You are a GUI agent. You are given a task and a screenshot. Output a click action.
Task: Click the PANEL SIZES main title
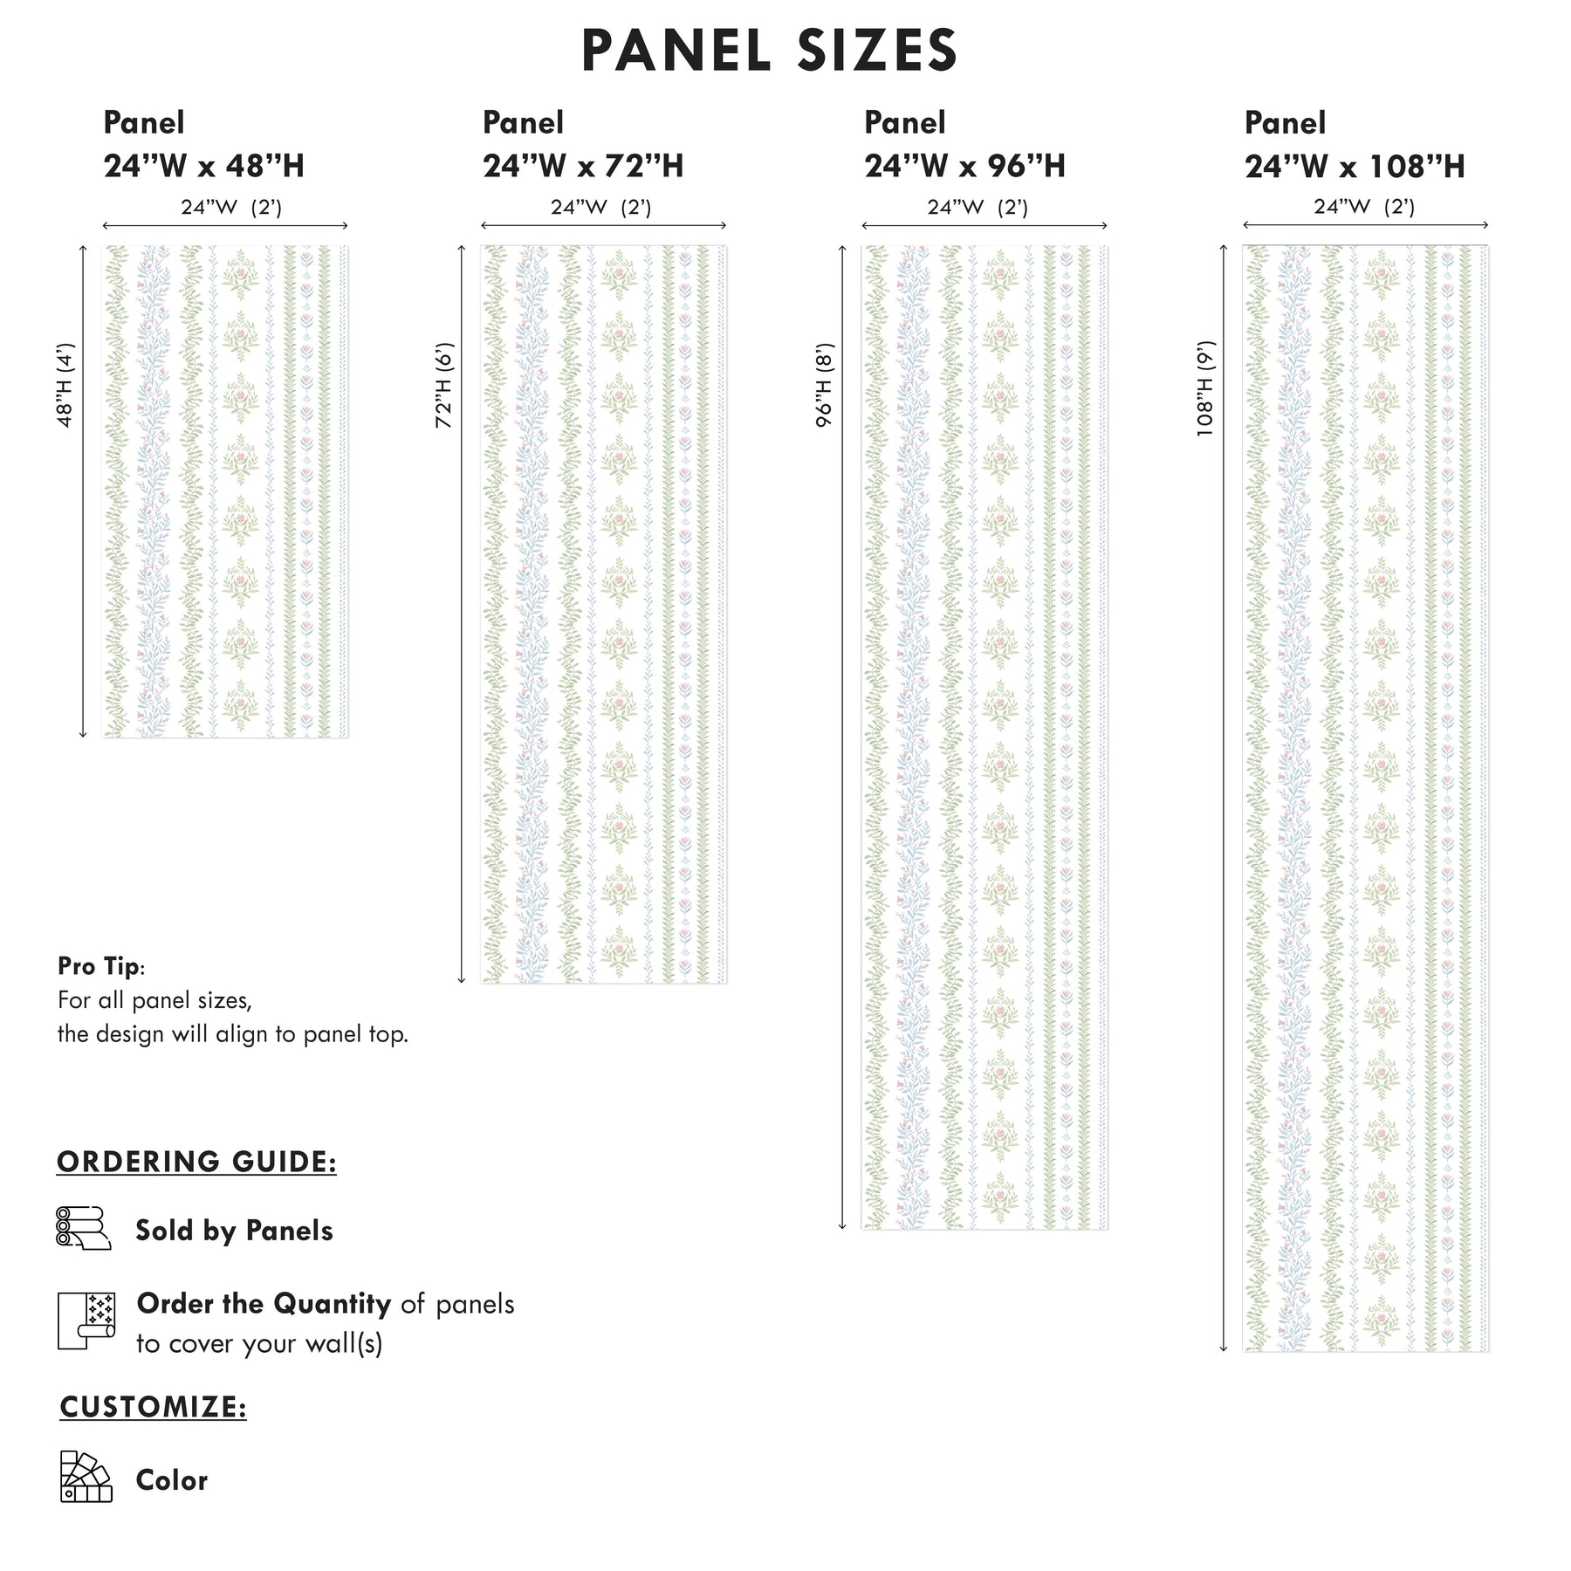769,51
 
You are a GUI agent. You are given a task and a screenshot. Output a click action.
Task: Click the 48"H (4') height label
65,385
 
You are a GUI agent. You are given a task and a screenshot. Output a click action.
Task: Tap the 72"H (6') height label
444,385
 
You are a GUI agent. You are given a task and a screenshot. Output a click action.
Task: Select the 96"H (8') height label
825,385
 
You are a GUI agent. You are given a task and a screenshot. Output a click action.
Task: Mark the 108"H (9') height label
1205,388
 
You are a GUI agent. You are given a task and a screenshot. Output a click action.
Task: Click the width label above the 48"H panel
231,208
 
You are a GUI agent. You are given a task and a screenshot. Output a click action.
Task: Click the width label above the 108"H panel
1364,207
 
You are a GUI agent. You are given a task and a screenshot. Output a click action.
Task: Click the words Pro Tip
99,966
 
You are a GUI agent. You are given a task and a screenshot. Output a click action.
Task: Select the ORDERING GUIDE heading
196,1162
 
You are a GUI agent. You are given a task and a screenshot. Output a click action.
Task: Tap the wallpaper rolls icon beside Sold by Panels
84,1228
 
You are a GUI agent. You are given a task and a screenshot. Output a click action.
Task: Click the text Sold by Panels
234,1231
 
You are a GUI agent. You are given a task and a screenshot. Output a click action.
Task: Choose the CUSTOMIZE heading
153,1407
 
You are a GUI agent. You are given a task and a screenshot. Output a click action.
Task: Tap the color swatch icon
86,1477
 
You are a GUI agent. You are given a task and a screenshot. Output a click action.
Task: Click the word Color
171,1480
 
